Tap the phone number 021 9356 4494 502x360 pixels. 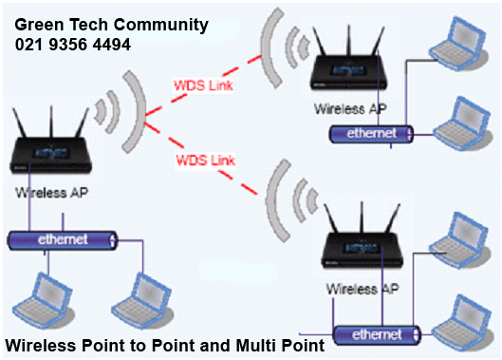pos(73,45)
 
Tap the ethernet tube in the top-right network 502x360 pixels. pos(369,134)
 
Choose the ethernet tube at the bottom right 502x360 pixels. pos(381,334)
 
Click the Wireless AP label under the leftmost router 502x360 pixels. pos(48,192)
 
